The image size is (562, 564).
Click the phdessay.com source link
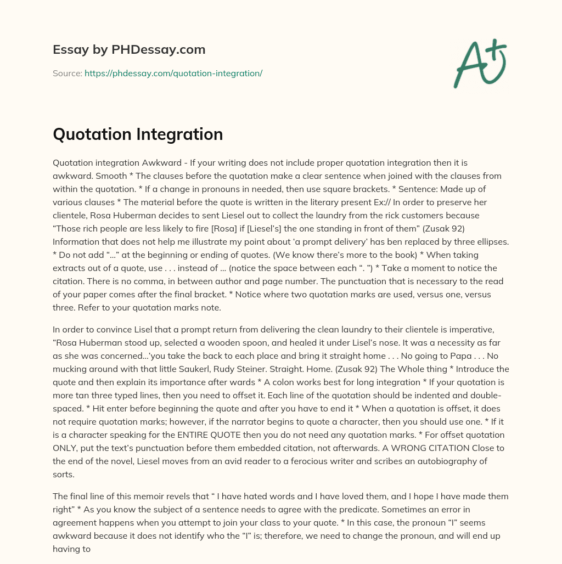tap(173, 73)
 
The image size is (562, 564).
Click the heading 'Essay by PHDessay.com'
tap(129, 49)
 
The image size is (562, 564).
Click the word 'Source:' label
tap(68, 73)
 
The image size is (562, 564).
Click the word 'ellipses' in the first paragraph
tap(491, 242)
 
